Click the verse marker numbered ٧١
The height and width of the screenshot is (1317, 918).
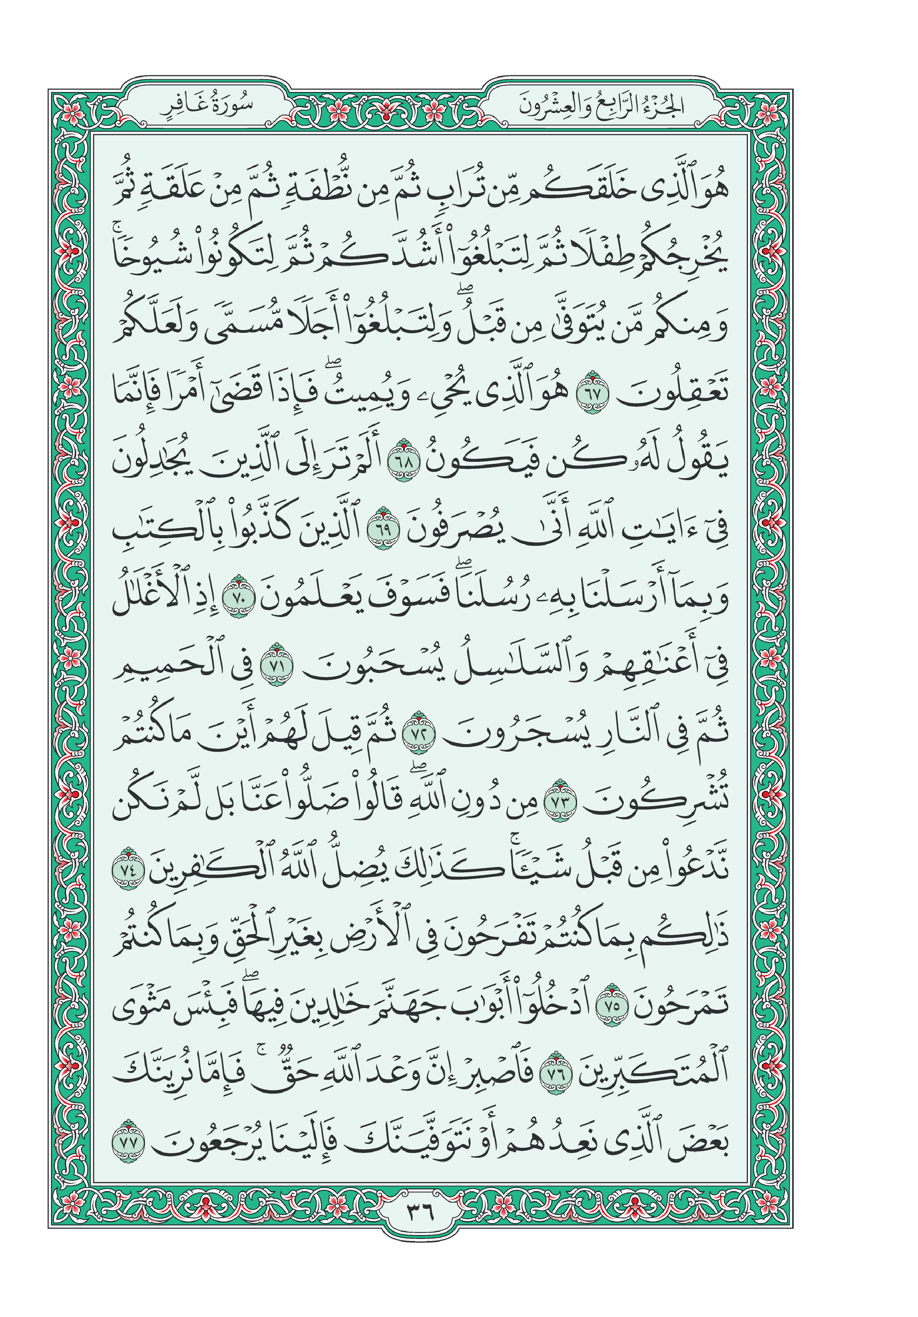coord(276,665)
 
